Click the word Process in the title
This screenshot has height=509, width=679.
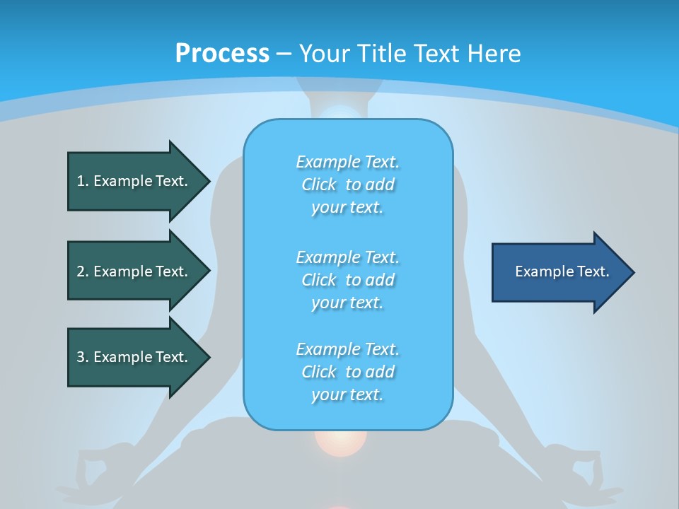[222, 54]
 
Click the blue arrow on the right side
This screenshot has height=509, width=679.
[559, 272]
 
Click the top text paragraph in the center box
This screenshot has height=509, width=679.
[348, 185]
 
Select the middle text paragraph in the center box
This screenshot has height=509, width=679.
[348, 280]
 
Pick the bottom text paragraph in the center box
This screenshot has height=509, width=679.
[348, 372]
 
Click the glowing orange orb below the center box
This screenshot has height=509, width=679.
[341, 441]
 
